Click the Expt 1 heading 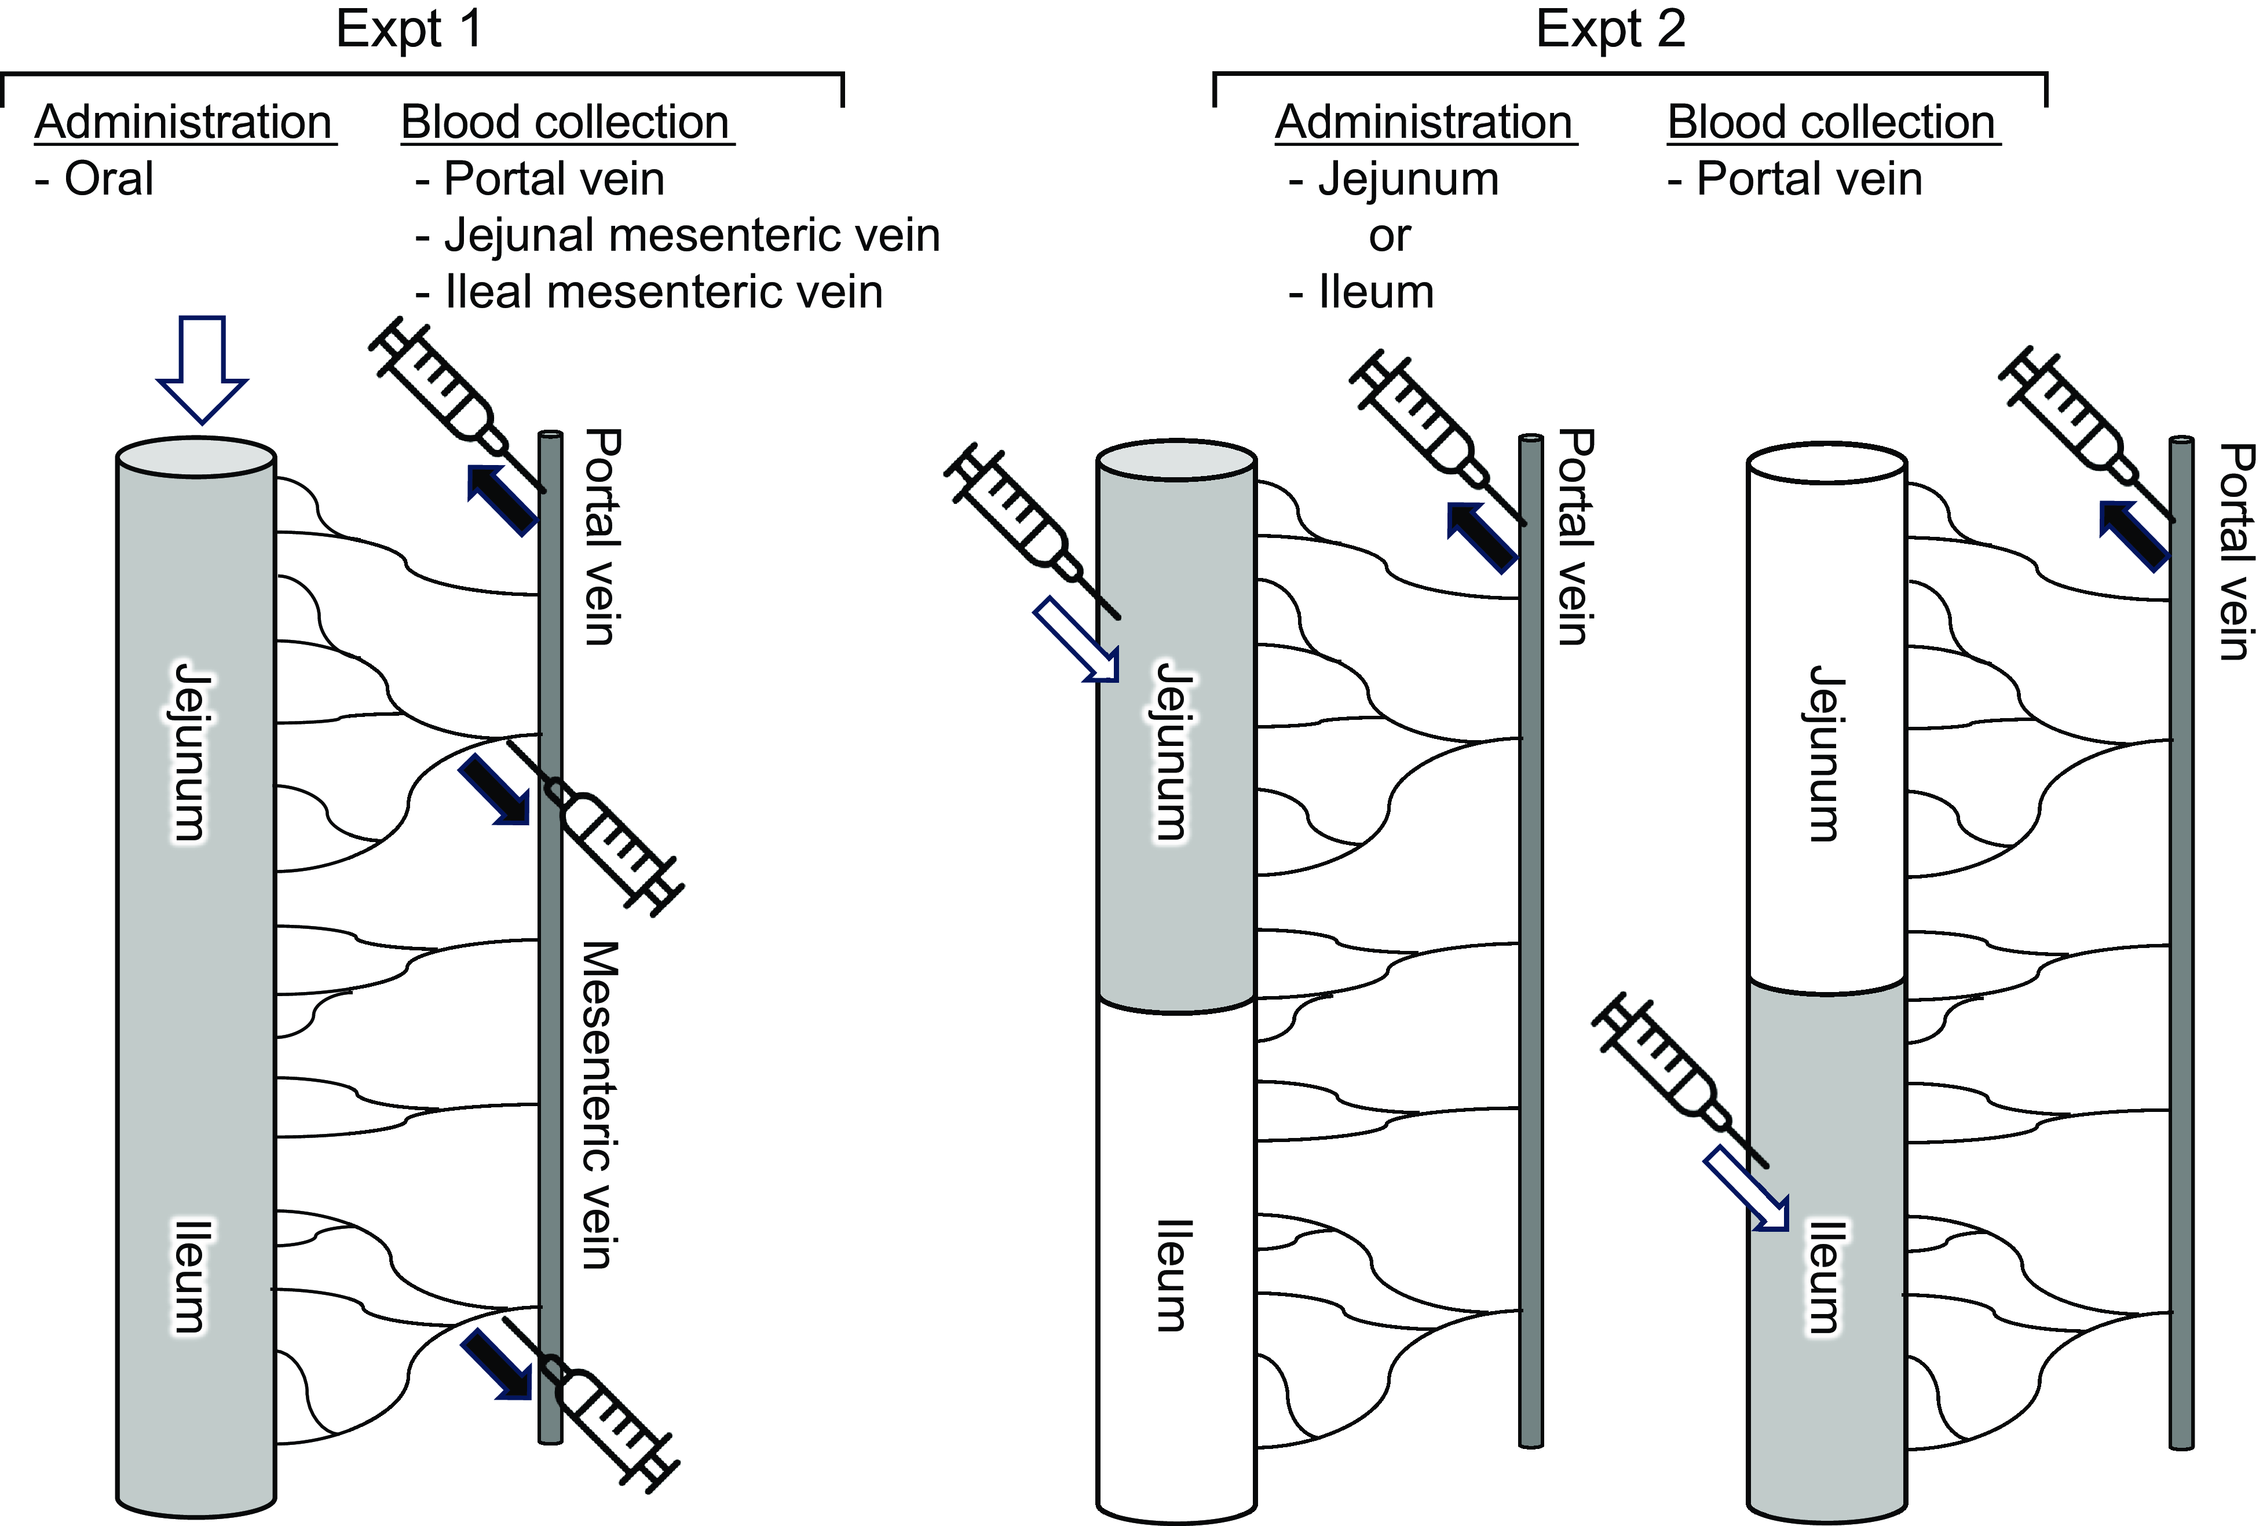[409, 29]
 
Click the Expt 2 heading [1610, 29]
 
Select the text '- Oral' [94, 179]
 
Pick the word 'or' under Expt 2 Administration [1389, 236]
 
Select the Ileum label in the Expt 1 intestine [190, 1275]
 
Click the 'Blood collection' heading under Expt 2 [1832, 123]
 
